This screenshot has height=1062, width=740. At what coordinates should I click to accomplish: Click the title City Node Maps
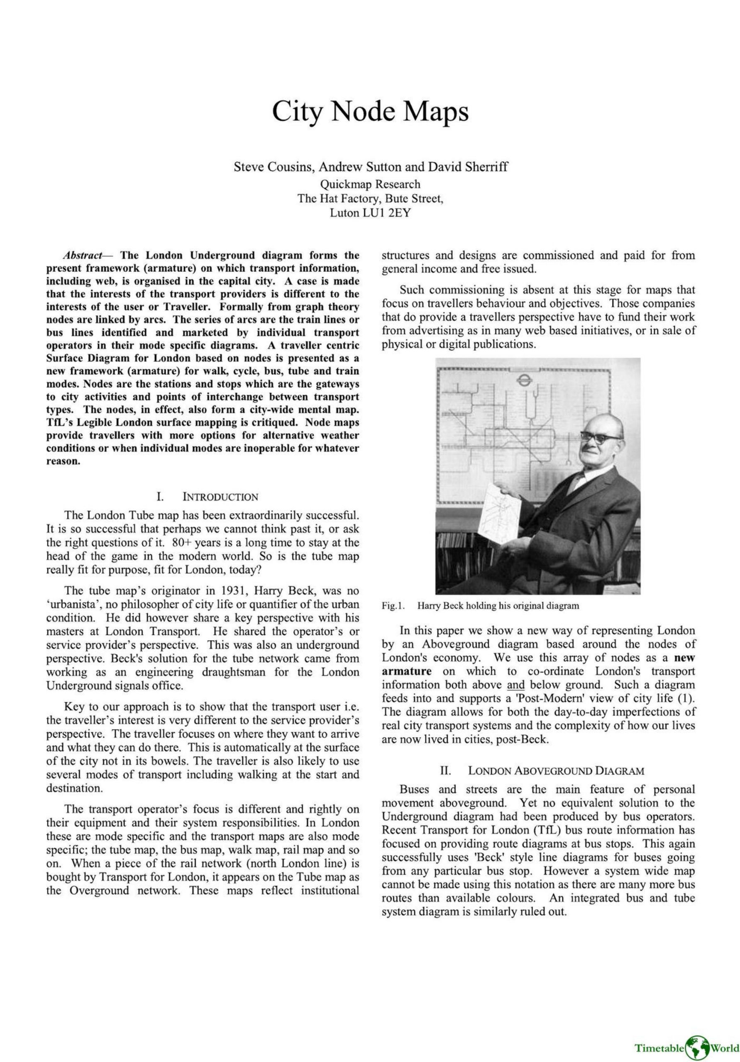point(370,112)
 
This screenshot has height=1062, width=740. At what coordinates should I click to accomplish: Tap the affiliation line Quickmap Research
point(370,184)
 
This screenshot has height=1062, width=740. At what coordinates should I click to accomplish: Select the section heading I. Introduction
point(207,497)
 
